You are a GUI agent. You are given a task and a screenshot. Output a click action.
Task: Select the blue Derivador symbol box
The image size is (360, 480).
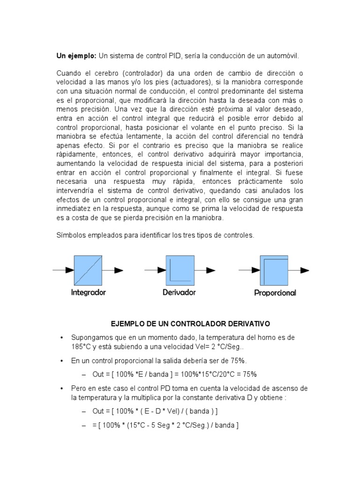pyautogui.click(x=180, y=270)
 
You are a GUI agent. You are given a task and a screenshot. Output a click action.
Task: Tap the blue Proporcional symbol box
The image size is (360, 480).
pyautogui.click(x=274, y=270)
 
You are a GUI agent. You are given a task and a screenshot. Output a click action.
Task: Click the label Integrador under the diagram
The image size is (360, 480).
pyautogui.click(x=89, y=292)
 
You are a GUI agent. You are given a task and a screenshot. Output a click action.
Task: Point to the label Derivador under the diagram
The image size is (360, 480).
pyautogui.click(x=179, y=292)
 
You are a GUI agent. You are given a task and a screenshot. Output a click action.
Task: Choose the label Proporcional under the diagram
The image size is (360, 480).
pyautogui.click(x=275, y=293)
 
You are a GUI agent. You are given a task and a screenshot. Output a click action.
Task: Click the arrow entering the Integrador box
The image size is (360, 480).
pyautogui.click(x=63, y=270)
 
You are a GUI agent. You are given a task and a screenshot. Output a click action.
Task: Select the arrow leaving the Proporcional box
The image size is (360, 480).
pyautogui.click(x=299, y=270)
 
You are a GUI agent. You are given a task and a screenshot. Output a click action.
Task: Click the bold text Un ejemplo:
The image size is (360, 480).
pyautogui.click(x=76, y=56)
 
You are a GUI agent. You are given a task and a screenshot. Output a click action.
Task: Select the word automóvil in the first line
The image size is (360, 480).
pyautogui.click(x=283, y=56)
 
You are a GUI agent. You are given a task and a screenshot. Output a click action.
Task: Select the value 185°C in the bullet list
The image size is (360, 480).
pyautogui.click(x=81, y=346)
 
